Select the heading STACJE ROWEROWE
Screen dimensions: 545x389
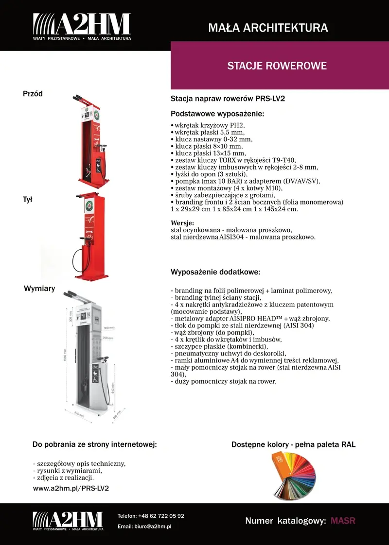[x=277, y=66]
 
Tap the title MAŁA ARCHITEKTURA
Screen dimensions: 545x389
[x=268, y=28]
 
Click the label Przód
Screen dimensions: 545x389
[x=33, y=94]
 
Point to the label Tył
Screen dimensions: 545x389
[x=28, y=199]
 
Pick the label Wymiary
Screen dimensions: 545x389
[x=39, y=289]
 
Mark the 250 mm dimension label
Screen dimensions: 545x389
[x=108, y=338]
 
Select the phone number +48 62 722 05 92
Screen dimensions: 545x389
[x=161, y=516]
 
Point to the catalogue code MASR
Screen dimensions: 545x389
[x=343, y=521]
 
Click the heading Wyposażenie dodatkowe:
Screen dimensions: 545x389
[x=215, y=272]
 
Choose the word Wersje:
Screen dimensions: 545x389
[x=182, y=223]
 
